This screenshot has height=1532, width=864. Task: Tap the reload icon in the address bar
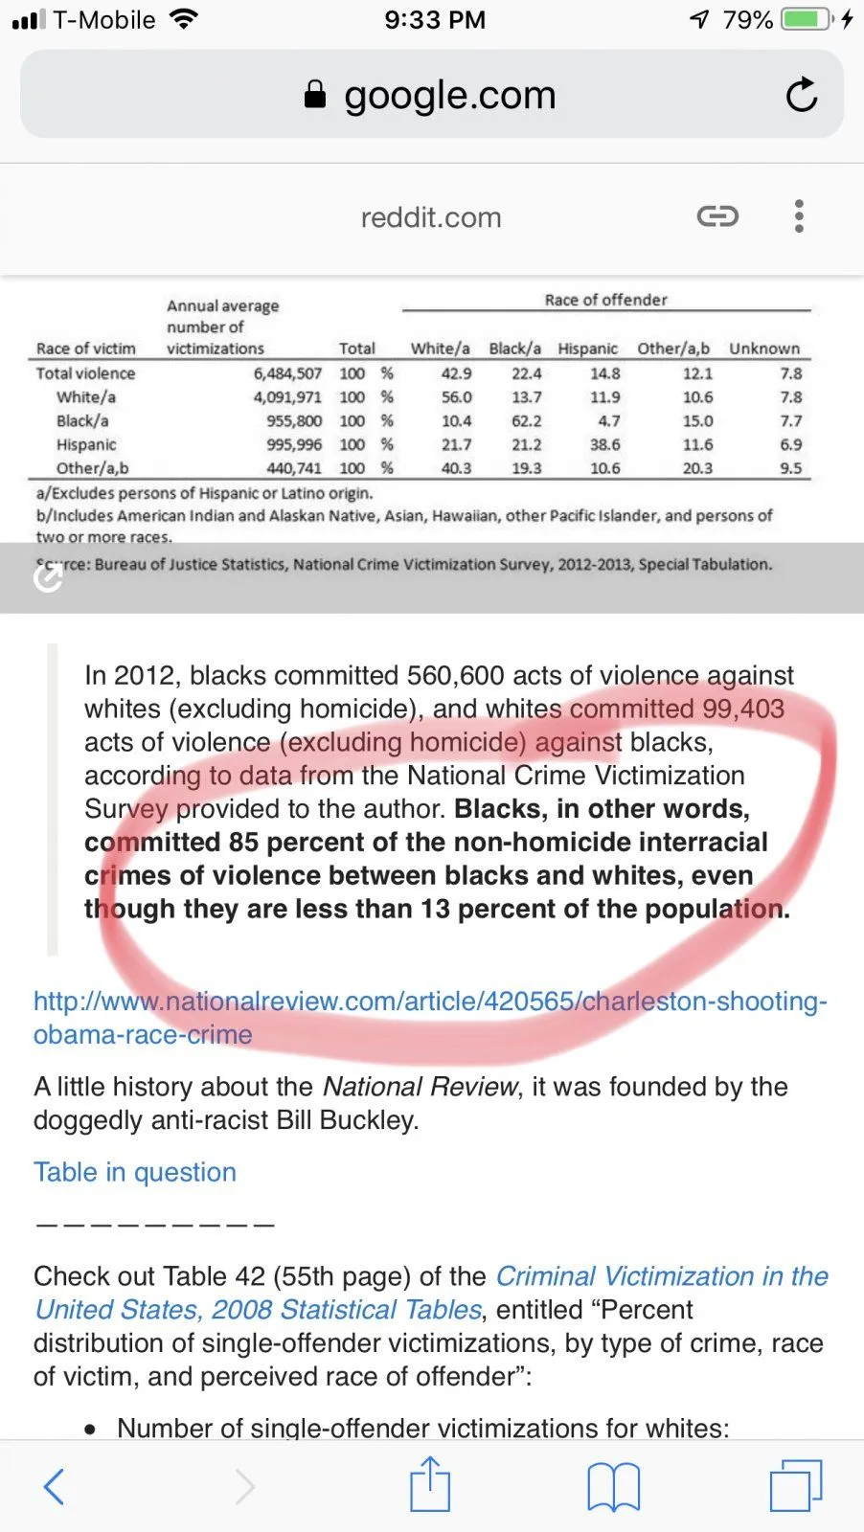[x=801, y=95]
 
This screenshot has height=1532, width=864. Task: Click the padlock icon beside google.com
[x=315, y=94]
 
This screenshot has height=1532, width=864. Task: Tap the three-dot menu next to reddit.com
[x=799, y=216]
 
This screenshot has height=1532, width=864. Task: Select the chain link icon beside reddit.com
[x=717, y=216]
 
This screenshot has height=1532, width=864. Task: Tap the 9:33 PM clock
[x=435, y=19]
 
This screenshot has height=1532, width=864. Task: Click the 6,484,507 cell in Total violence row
[x=287, y=373]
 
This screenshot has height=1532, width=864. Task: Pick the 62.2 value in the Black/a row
[x=526, y=420]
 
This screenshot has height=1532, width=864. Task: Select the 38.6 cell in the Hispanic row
[x=604, y=444]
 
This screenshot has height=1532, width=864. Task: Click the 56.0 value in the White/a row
[x=456, y=396]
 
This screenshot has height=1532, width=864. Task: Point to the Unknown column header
[x=763, y=349]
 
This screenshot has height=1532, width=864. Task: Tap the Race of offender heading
[x=605, y=300]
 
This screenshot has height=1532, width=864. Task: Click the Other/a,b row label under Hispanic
[x=92, y=468]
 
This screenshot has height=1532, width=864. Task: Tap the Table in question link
[x=135, y=1172]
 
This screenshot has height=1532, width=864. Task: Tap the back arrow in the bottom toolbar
[x=55, y=1486]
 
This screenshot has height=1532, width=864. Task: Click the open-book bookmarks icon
[x=613, y=1486]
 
